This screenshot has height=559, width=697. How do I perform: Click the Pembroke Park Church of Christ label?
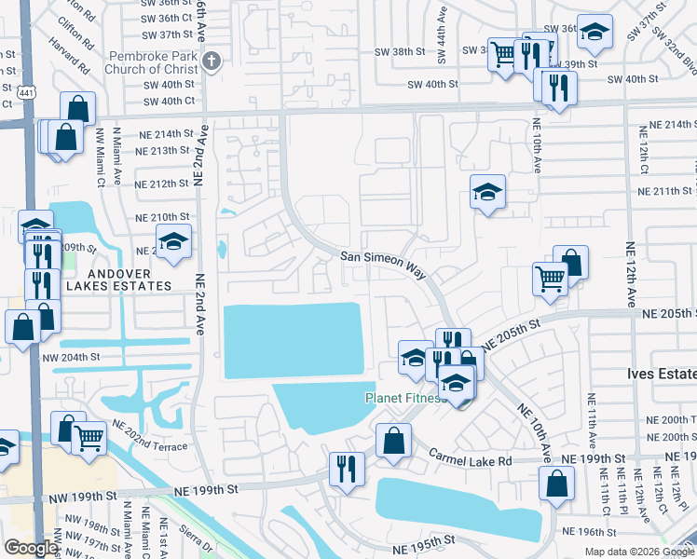pyautogui.click(x=157, y=64)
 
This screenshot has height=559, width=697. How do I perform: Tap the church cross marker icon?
pyautogui.click(x=212, y=61)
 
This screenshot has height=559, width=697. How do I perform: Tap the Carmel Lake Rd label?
pyautogui.click(x=471, y=455)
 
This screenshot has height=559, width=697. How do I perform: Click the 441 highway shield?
pyautogui.click(x=7, y=89)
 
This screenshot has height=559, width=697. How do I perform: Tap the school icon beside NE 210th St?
pyautogui.click(x=173, y=242)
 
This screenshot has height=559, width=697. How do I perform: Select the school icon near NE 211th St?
pyautogui.click(x=487, y=193)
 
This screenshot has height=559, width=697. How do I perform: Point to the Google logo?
pyautogui.click(x=31, y=548)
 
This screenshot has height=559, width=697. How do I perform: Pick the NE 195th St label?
pyautogui.click(x=423, y=540)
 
